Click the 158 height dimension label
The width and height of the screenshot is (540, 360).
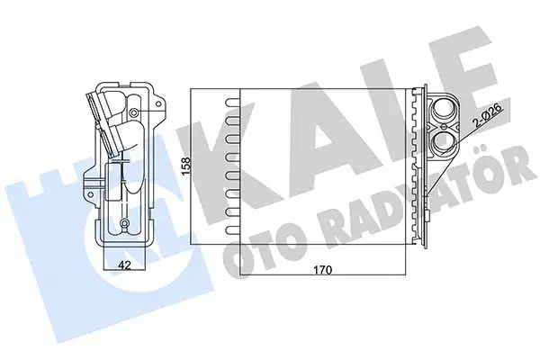tap(187, 168)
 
